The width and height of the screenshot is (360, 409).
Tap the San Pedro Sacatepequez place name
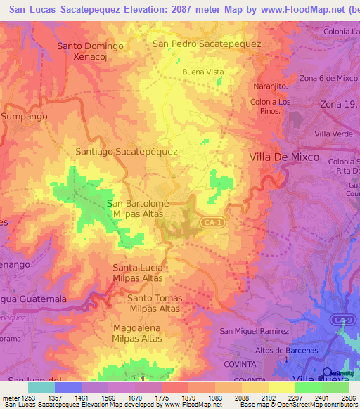pyautogui.click(x=207, y=44)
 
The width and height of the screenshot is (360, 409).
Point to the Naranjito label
pyautogui.click(x=271, y=86)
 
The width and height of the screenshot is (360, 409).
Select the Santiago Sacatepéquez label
pyautogui.click(x=126, y=151)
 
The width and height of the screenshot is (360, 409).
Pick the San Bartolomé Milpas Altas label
pyautogui.click(x=134, y=208)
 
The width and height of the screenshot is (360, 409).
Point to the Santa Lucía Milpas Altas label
pyautogui.click(x=138, y=273)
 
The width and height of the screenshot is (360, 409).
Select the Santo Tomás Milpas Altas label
pyautogui.click(x=155, y=303)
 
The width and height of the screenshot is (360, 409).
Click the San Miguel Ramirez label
pyautogui.click(x=255, y=331)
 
